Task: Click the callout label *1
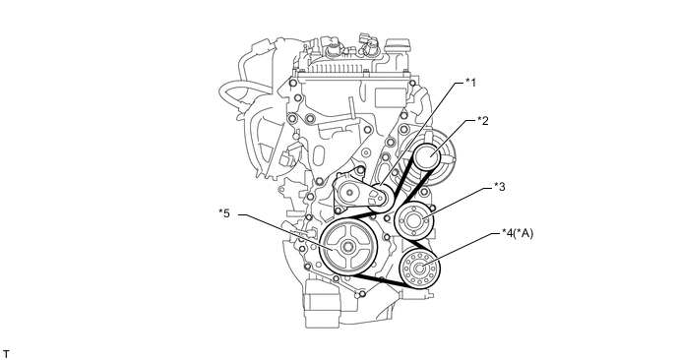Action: click(470, 82)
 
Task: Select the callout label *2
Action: click(483, 120)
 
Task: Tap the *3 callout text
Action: click(500, 187)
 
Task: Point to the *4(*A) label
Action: click(518, 233)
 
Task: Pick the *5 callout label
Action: click(224, 213)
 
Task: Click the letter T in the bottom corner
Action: click(6, 354)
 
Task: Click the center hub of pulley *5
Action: click(347, 247)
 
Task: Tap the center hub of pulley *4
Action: click(419, 269)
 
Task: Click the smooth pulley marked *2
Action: click(427, 157)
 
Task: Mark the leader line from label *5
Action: click(284, 231)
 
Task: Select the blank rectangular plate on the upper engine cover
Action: click(390, 97)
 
